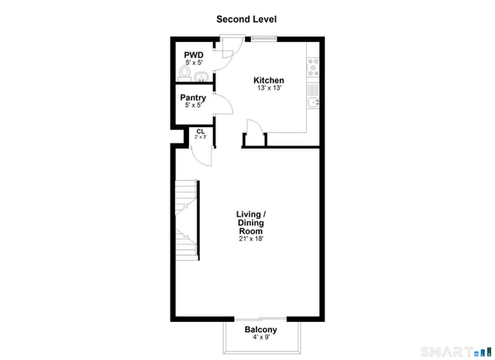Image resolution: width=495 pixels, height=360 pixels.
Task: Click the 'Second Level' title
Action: click(x=247, y=19)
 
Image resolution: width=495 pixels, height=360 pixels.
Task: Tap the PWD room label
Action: click(x=193, y=55)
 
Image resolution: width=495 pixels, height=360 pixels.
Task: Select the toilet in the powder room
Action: click(x=184, y=74)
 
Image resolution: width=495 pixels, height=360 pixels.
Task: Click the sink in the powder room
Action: click(x=200, y=77)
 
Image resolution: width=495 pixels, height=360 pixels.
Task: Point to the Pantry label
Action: click(x=192, y=98)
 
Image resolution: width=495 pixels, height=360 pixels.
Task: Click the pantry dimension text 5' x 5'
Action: click(x=192, y=107)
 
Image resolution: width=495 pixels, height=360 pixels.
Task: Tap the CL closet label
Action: click(x=200, y=130)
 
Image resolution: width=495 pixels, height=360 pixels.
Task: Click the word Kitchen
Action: click(x=269, y=80)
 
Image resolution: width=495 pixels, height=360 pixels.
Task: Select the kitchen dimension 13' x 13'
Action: click(x=269, y=89)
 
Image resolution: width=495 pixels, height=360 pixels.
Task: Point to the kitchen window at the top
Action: click(x=263, y=38)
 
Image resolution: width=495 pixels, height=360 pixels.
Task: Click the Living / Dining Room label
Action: click(x=252, y=224)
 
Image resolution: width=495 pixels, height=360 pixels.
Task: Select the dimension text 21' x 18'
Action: click(x=252, y=240)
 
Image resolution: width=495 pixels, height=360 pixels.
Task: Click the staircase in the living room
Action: click(x=186, y=219)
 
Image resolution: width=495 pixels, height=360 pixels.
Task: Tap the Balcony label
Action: click(x=260, y=329)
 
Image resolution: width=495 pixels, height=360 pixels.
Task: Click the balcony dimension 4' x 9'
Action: click(x=260, y=338)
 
